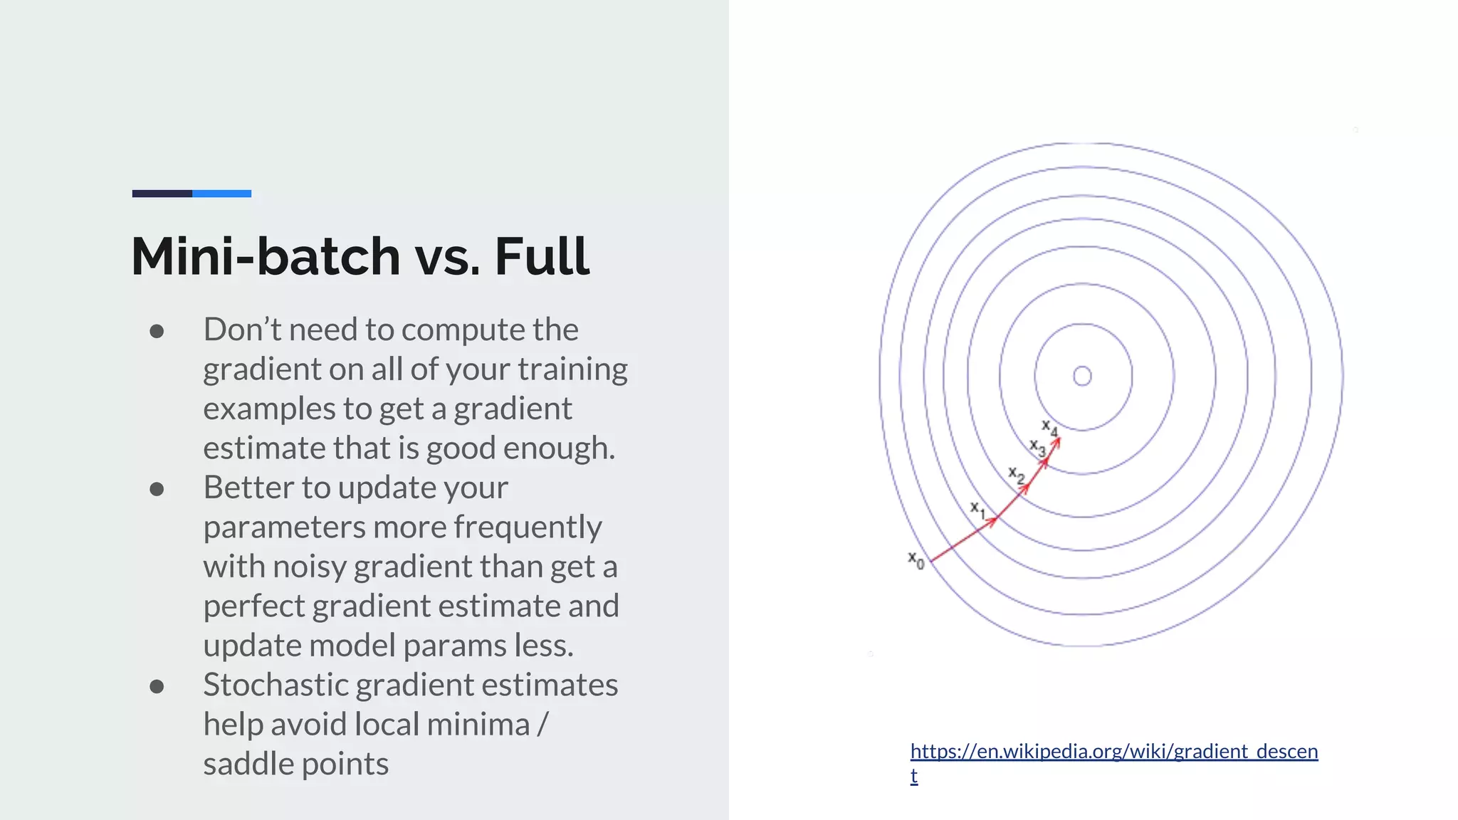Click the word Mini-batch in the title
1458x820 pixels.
[266, 256]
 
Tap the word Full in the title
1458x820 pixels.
[541, 256]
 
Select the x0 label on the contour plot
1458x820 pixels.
[916, 560]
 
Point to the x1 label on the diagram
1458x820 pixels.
[978, 510]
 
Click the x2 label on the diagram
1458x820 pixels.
[1017, 475]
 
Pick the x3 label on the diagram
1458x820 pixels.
[1038, 448]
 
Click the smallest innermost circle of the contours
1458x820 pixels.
[1082, 376]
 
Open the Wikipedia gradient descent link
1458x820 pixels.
[1113, 752]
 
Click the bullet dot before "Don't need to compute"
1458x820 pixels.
[157, 331]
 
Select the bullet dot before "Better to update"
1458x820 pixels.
[157, 489]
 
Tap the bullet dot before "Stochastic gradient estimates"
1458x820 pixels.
[157, 686]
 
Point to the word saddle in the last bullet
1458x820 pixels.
[247, 764]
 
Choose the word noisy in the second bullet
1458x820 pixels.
[310, 567]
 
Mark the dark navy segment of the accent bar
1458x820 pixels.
[162, 194]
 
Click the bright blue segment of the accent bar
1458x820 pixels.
[221, 194]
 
